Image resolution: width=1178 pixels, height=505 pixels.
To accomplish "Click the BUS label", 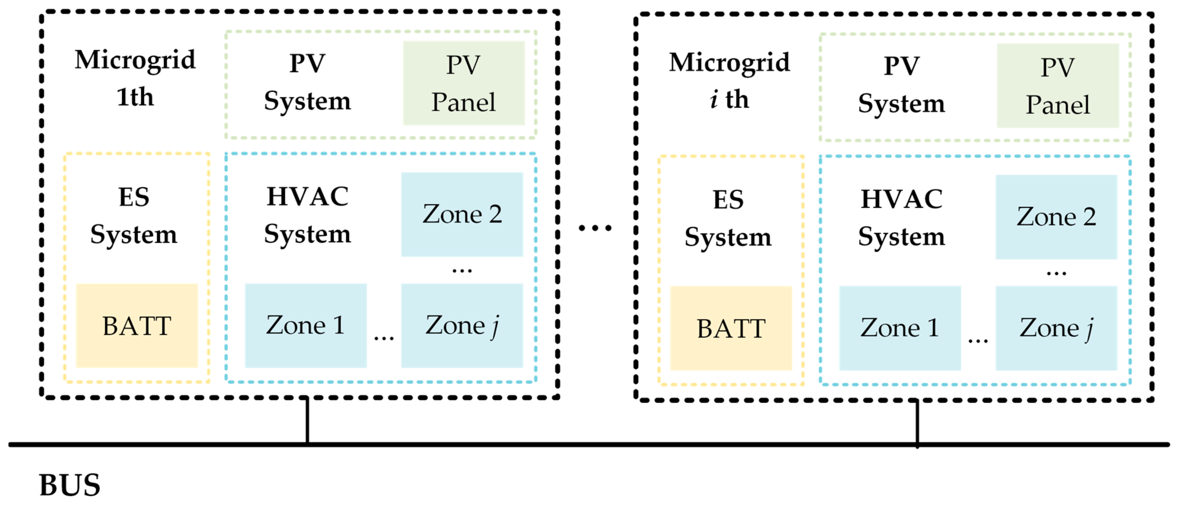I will [69, 485].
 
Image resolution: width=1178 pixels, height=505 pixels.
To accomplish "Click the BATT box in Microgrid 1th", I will [137, 326].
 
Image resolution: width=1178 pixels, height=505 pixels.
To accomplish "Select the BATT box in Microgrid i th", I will [731, 328].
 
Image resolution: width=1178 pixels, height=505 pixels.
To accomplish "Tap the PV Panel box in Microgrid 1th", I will [463, 83].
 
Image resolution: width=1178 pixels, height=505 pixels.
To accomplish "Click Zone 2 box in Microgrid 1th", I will [462, 214].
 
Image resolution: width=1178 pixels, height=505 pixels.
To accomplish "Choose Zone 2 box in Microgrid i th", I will [1056, 217].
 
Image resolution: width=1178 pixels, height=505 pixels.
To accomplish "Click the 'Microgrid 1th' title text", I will [135, 78].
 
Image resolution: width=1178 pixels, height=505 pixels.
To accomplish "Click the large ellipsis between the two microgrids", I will [595, 227].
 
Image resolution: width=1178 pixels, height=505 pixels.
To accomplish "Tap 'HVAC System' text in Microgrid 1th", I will [307, 215].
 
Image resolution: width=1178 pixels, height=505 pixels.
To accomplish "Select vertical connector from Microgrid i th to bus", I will [917, 423].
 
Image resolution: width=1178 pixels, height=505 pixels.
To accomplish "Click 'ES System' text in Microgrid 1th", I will [134, 215].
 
